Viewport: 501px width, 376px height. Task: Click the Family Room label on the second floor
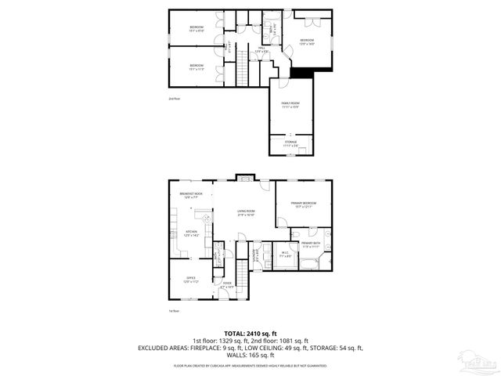(290, 105)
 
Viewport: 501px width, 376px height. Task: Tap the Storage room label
(290, 143)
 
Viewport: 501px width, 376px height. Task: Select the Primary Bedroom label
(302, 204)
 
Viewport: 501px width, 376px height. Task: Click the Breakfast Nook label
(190, 195)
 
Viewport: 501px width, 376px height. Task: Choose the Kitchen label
(190, 233)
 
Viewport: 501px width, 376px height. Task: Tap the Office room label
(190, 280)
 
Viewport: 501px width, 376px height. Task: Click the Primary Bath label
(312, 244)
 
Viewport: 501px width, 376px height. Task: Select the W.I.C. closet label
(287, 254)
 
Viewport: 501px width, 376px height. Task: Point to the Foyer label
(227, 285)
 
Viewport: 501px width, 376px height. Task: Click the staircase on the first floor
(243, 283)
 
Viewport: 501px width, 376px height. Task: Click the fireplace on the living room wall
(245, 177)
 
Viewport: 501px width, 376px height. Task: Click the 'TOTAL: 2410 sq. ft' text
(250, 332)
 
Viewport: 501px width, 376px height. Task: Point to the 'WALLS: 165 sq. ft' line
(250, 356)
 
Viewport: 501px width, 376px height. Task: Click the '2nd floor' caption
(174, 99)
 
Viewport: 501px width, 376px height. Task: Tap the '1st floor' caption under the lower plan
(174, 311)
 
